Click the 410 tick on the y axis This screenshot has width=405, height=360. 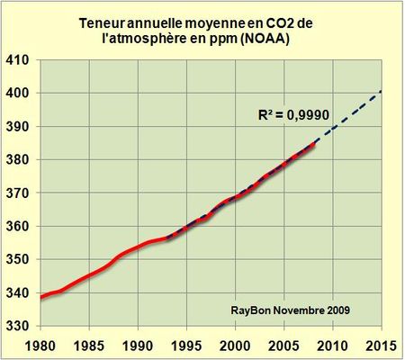[19, 60]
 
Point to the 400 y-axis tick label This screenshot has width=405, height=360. [19, 94]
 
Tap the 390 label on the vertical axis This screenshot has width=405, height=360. [19, 127]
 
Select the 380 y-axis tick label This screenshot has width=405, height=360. [19, 160]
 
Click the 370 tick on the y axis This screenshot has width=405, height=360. [19, 193]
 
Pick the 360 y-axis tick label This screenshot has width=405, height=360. [19, 227]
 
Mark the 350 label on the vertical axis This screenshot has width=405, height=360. [19, 260]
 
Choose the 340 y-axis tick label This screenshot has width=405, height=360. [19, 293]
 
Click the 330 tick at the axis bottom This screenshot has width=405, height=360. [19, 326]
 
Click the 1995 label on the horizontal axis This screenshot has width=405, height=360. [186, 346]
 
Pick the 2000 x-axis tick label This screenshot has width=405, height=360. [235, 346]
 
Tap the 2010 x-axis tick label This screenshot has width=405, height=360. [332, 346]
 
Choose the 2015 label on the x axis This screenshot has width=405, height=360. [381, 346]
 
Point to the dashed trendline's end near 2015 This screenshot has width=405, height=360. [381, 91]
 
